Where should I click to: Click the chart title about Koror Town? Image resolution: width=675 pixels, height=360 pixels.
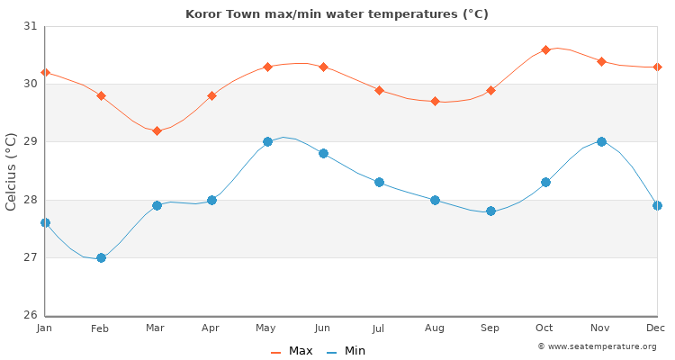pos(337,13)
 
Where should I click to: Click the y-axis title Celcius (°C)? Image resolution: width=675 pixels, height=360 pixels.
pos(11,171)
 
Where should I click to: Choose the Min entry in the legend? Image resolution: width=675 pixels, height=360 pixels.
pos(346,351)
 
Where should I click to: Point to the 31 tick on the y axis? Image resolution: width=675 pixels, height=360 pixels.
pos(31,26)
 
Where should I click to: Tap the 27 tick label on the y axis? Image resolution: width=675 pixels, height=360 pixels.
pos(31,257)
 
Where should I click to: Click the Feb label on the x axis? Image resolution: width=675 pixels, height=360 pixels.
pos(100,329)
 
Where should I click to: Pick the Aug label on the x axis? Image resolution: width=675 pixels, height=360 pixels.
pos(435,329)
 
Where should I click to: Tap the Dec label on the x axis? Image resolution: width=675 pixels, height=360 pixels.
pos(657,328)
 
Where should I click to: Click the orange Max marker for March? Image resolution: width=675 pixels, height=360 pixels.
pos(157,130)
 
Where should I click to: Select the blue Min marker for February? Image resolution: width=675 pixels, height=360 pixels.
pos(101,257)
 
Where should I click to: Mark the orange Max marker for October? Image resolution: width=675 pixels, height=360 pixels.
pos(545,49)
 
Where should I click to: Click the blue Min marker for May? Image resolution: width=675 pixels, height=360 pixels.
pos(267,141)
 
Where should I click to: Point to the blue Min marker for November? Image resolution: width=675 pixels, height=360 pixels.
pos(601,141)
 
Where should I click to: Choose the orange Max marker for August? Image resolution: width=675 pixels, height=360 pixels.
pos(435,102)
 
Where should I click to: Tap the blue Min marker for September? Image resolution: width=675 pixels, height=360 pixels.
pos(490,211)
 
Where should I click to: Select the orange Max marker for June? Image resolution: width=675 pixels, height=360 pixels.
pos(323,67)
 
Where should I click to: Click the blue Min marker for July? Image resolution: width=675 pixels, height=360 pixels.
pos(379,182)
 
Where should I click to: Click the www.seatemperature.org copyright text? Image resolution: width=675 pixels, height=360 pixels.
pos(597,346)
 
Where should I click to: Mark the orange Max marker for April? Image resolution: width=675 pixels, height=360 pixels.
pos(211,95)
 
